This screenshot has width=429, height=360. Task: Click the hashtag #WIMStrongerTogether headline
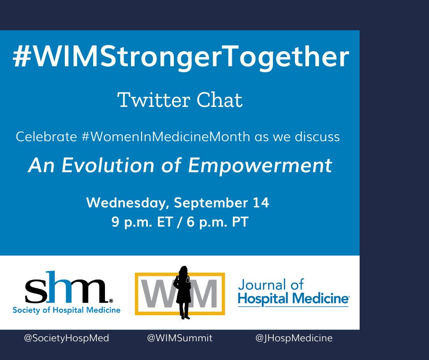(180, 58)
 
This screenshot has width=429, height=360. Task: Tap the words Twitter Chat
(180, 100)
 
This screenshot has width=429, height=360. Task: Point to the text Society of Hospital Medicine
(67, 310)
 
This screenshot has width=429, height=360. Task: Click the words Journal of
(270, 285)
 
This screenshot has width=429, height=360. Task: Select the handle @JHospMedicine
(294, 339)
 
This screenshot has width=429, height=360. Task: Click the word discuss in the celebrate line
(319, 137)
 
